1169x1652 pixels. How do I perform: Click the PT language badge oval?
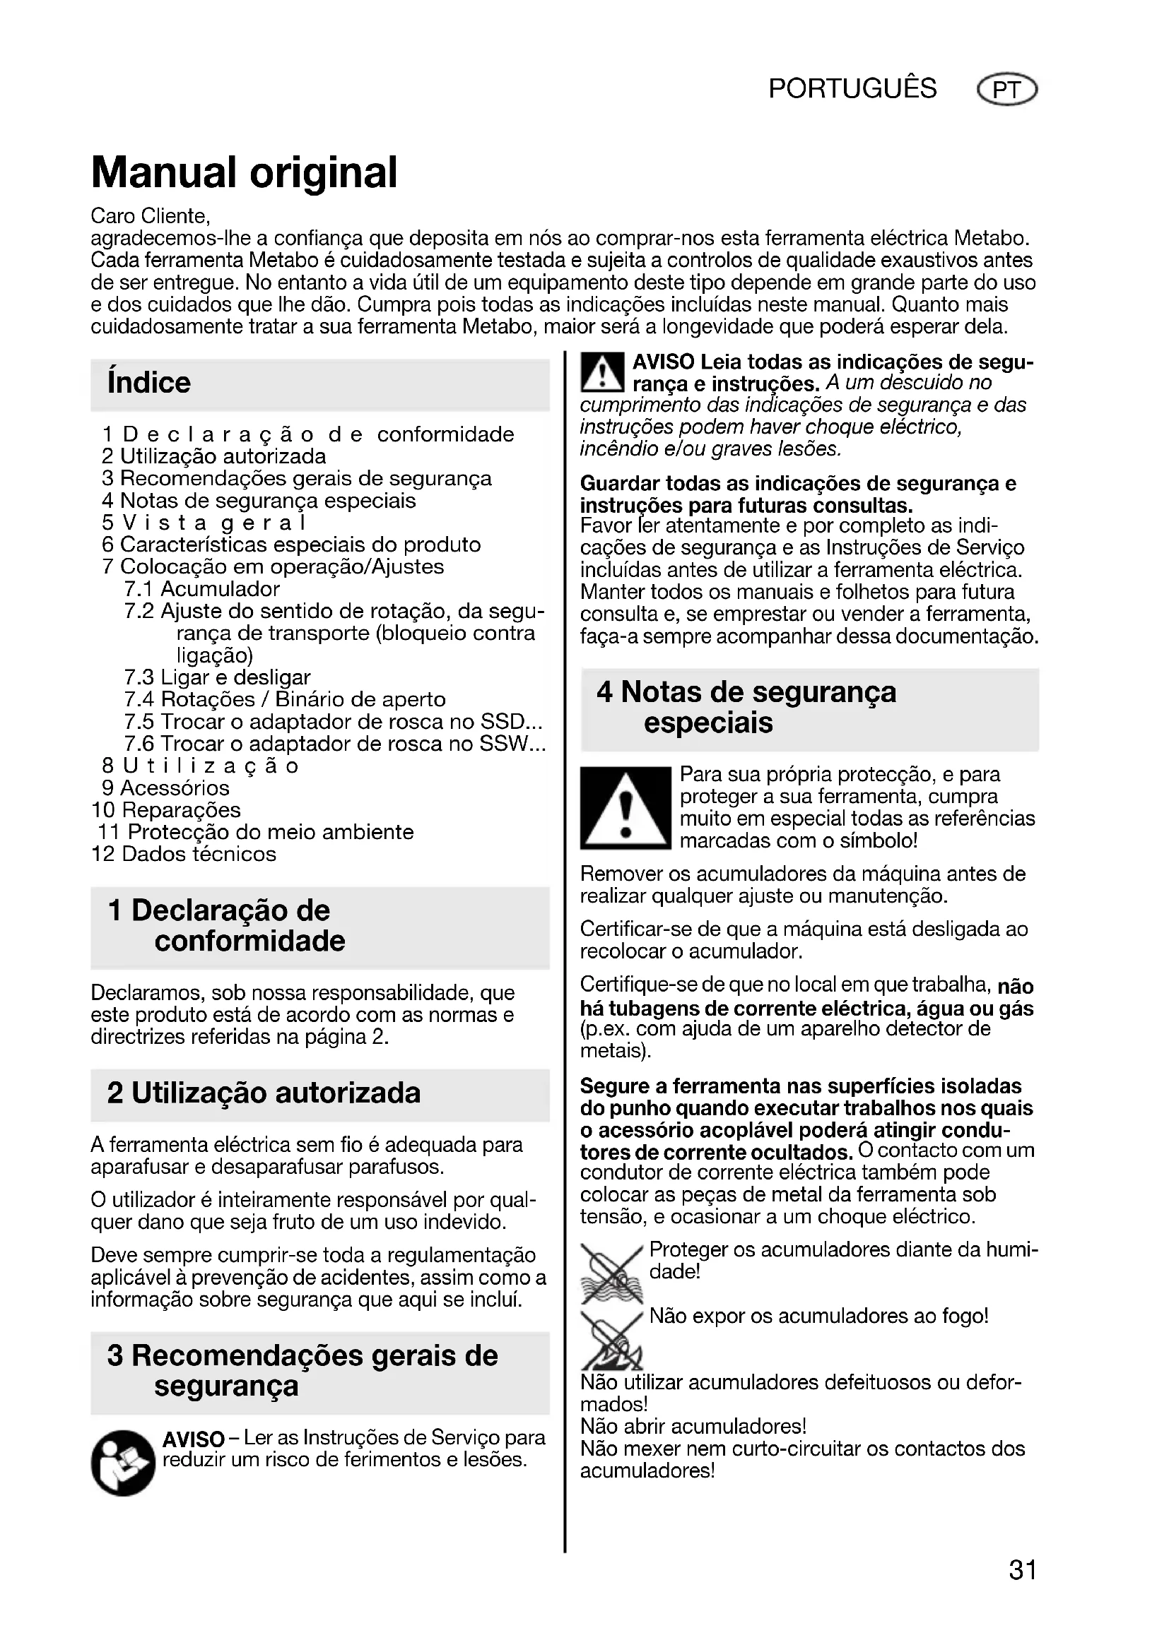1006,90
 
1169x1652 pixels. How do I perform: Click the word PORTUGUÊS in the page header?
852,88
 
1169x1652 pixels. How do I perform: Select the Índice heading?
149,383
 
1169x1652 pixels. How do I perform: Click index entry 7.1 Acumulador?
201,589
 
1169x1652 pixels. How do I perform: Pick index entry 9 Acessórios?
165,788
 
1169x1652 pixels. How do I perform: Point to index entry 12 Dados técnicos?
184,854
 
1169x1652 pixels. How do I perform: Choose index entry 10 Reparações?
166,810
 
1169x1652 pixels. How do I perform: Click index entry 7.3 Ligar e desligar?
217,678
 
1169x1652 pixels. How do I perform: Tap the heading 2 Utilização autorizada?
264,1093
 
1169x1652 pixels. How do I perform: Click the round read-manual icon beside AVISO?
122,1463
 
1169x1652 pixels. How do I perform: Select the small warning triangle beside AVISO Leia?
601,373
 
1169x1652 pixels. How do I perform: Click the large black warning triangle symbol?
625,808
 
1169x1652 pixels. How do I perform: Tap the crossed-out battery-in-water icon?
611,1273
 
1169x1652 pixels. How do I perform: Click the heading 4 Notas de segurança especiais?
746,707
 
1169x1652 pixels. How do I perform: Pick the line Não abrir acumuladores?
693,1426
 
